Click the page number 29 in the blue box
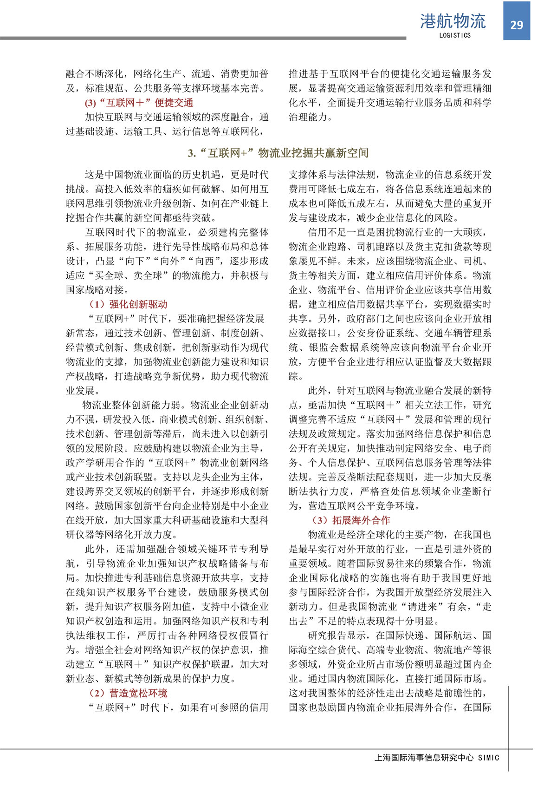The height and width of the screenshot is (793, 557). tap(517, 25)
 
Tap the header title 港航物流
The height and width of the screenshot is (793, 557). tap(453, 21)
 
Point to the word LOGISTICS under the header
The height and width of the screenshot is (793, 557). tap(454, 35)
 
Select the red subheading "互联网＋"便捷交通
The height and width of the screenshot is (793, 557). tap(139, 103)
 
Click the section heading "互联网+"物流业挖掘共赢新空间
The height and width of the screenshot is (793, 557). tap(278, 153)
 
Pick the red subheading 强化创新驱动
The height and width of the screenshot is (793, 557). tap(129, 304)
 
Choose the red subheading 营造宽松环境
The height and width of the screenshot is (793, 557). tap(129, 693)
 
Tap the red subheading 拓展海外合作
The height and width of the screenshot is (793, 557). tap(351, 520)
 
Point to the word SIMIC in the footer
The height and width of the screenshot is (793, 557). tap(488, 758)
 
